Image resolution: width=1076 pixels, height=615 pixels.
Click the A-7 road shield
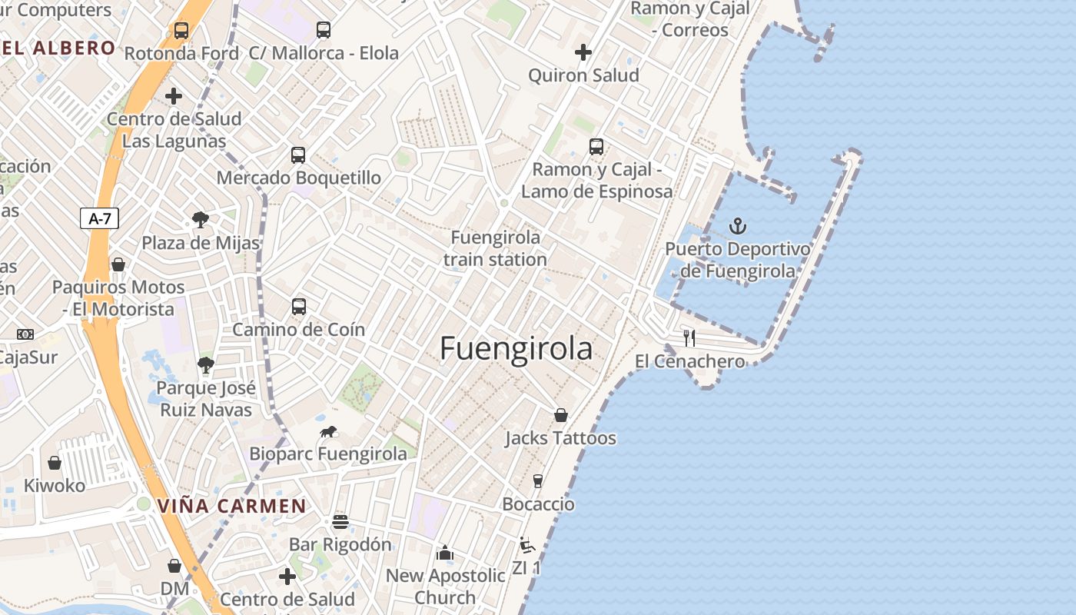pyautogui.click(x=100, y=218)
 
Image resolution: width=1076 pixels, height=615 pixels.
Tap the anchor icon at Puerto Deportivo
pyautogui.click(x=738, y=226)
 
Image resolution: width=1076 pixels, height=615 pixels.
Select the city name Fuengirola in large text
pyautogui.click(x=516, y=349)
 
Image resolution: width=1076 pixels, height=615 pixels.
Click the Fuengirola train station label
pyautogui.click(x=495, y=248)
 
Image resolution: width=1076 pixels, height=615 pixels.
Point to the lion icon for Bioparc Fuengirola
pyautogui.click(x=328, y=431)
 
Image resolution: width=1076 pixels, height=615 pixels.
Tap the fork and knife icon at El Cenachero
pyautogui.click(x=689, y=337)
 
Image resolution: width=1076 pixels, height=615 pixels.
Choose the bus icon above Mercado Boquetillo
pyautogui.click(x=298, y=155)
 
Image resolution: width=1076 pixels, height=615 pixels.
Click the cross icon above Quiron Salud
pyautogui.click(x=583, y=52)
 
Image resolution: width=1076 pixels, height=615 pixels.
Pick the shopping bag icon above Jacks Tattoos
pyautogui.click(x=561, y=415)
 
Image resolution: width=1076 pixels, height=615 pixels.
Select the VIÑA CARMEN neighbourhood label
pyautogui.click(x=232, y=507)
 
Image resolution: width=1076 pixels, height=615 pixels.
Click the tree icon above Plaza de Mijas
pyautogui.click(x=201, y=221)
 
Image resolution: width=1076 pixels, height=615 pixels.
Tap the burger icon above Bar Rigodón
pyautogui.click(x=340, y=522)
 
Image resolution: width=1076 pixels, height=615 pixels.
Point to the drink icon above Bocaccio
pyautogui.click(x=538, y=481)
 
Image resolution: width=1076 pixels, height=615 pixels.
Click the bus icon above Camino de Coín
pyautogui.click(x=299, y=307)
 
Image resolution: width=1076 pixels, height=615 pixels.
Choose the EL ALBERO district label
pyautogui.click(x=58, y=48)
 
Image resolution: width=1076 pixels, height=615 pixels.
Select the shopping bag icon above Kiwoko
pyautogui.click(x=55, y=463)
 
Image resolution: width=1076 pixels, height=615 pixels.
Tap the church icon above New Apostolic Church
pyautogui.click(x=445, y=553)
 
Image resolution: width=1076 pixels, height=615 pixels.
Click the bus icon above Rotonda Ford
pyautogui.click(x=181, y=31)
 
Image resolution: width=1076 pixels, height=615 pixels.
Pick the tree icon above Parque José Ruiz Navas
pyautogui.click(x=205, y=365)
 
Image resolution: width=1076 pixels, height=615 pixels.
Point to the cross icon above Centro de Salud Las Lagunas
pyautogui.click(x=174, y=96)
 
